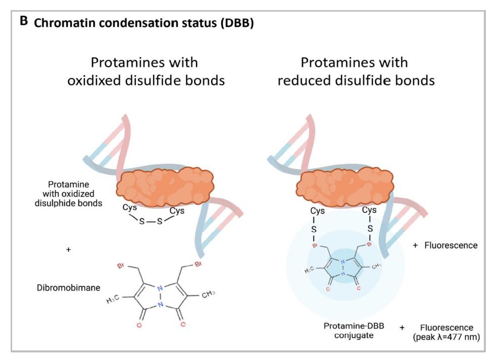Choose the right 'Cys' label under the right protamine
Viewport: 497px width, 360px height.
point(370,210)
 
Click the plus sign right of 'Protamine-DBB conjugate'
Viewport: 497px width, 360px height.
point(403,328)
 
